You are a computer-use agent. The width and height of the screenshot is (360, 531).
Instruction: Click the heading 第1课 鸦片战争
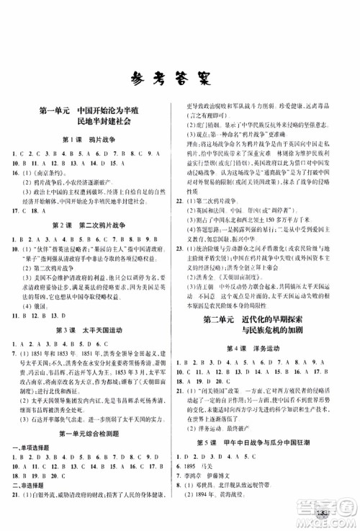tap(89, 138)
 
